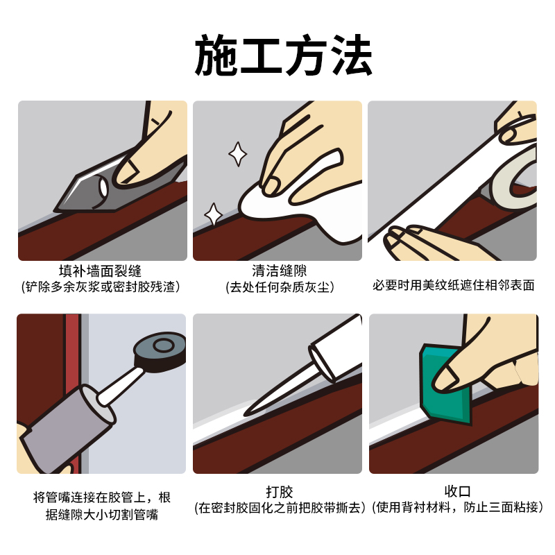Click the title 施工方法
pos(283,55)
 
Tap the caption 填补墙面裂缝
pos(100,271)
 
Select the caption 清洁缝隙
pos(280,271)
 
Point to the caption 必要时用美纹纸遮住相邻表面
pos(454,285)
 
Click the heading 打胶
pos(280,492)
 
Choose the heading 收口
pos(458,491)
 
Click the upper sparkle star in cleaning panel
pos(237,154)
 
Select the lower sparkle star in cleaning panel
pos(214,214)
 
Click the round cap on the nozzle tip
pos(160,350)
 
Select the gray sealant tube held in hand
pos(67,428)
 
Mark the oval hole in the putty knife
pos(103,187)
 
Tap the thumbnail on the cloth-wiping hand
pos(271,186)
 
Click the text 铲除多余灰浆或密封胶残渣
pos(101,287)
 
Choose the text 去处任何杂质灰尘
pos(280,287)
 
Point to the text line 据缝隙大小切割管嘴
pos(102,514)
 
